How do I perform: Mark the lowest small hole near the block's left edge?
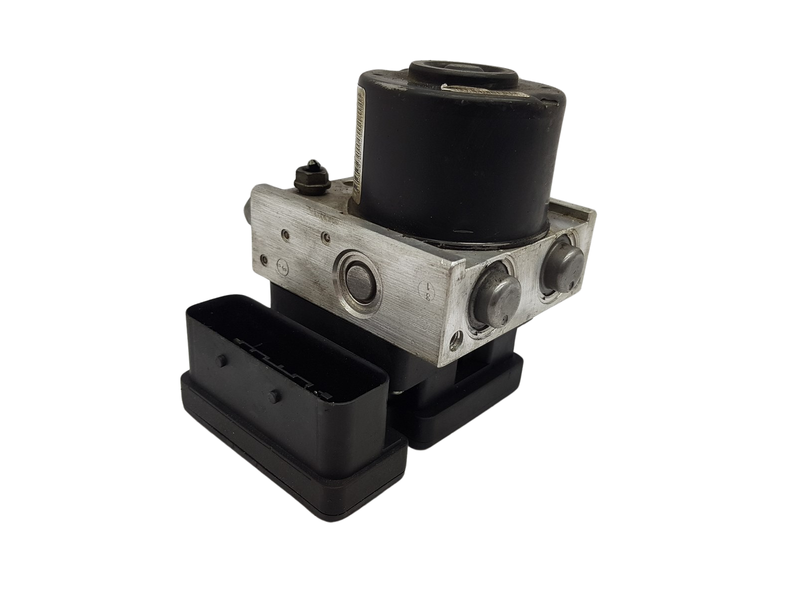pos(264,258)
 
